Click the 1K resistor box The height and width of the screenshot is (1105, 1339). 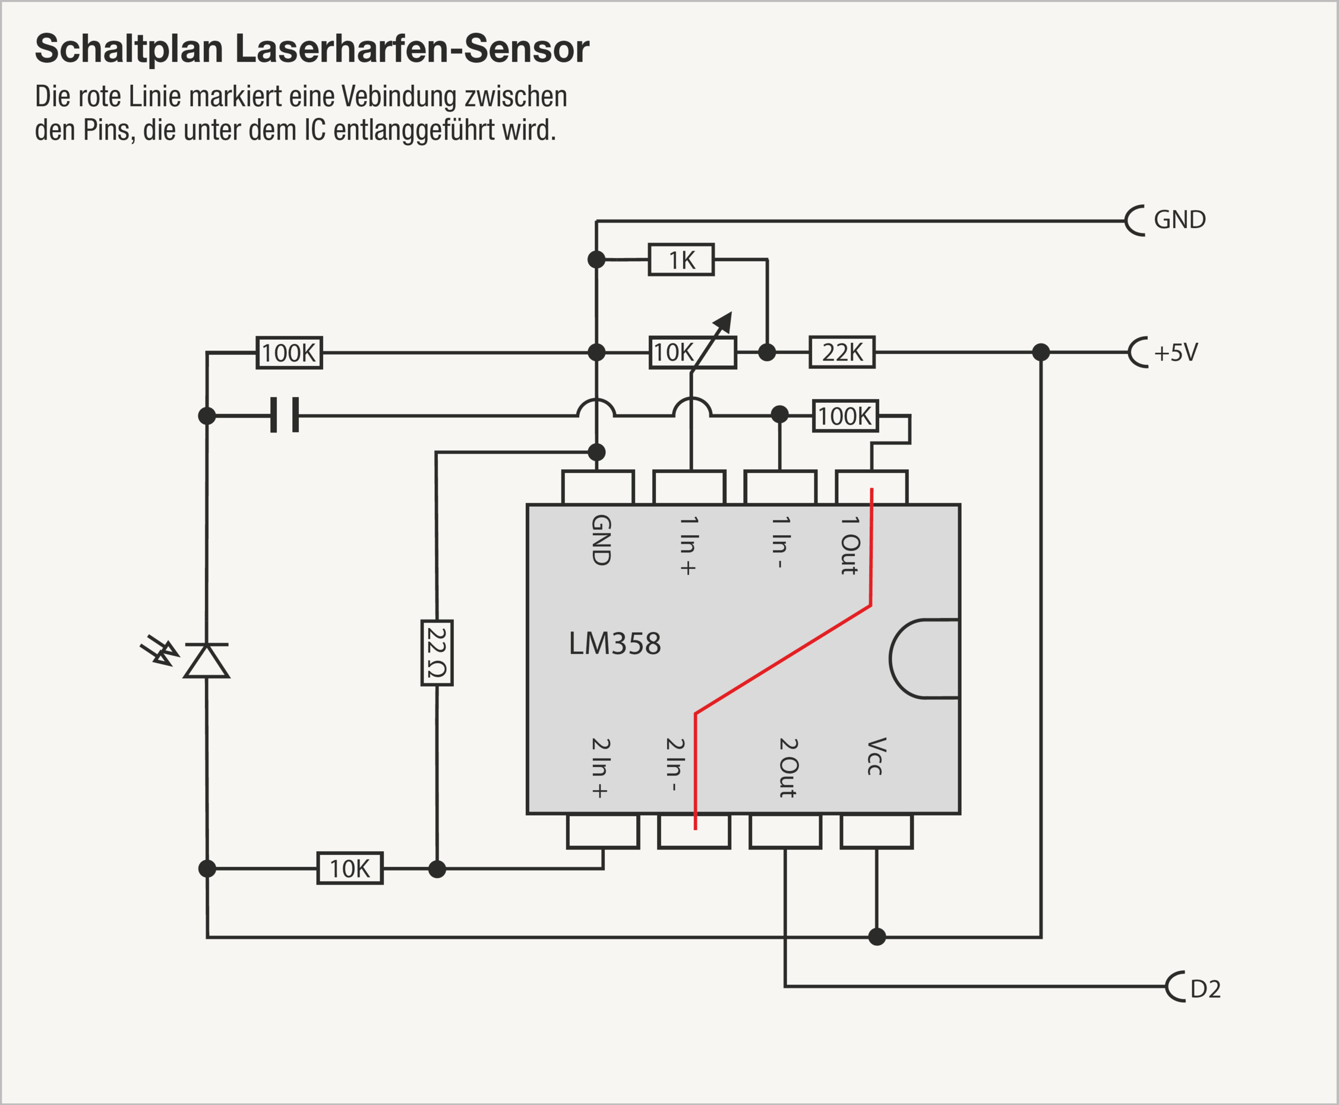pos(681,260)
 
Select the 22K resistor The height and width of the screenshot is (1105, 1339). pos(842,352)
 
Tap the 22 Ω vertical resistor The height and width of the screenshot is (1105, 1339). pos(437,652)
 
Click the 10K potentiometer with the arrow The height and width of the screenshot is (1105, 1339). pos(693,352)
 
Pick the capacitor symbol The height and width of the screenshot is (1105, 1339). pos(285,415)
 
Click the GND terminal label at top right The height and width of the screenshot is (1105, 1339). pos(1179,220)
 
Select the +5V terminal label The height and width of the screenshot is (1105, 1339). pos(1176,352)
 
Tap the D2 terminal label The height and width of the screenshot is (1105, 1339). pos(1205,989)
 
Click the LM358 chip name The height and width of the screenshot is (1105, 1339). pos(614,643)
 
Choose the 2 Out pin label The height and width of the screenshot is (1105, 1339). pos(788,768)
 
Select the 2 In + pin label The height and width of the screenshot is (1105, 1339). pos(600,768)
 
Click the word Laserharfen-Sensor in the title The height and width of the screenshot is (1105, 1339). pos(412,48)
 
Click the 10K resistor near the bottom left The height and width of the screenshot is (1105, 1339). pos(349,868)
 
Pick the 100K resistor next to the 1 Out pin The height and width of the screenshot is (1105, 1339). pos(845,416)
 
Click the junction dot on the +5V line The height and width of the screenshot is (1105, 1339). pos(1041,352)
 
